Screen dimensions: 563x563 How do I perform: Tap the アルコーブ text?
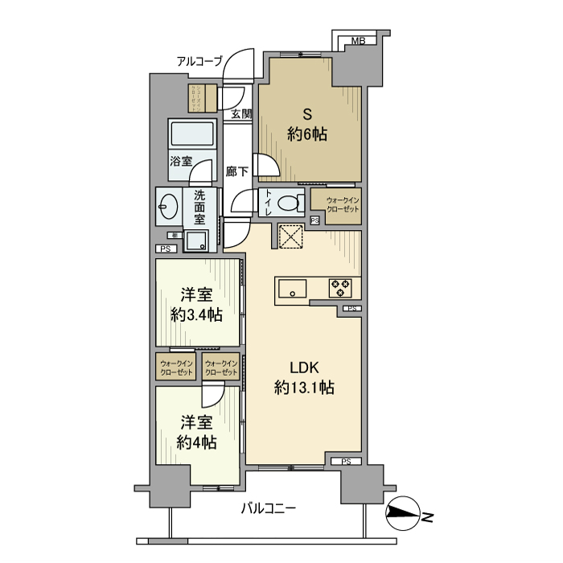pos(199,60)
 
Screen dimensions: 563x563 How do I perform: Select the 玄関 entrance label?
pos(241,113)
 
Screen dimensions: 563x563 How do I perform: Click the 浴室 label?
pos(180,161)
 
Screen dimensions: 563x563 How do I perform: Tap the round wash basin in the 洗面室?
pos(168,208)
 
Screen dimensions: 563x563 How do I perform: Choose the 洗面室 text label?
pos(199,207)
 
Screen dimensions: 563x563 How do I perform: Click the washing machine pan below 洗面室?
pos(196,240)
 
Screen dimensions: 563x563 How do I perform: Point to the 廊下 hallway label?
pos(237,171)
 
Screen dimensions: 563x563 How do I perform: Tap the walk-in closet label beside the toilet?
pos(342,204)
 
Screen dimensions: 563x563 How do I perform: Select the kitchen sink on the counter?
pos(292,287)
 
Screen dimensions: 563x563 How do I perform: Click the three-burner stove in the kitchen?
pos(339,287)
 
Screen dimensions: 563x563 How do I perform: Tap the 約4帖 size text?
pos(196,442)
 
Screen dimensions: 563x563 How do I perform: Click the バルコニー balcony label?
pos(269,508)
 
